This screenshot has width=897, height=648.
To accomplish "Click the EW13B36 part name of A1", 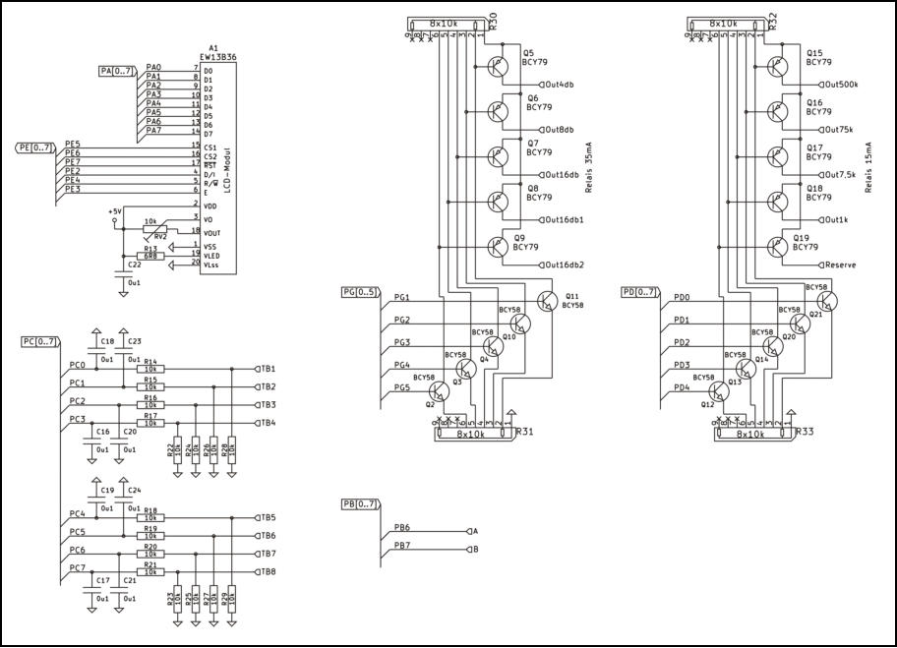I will click(x=216, y=58).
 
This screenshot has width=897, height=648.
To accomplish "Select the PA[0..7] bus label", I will click(x=118, y=71).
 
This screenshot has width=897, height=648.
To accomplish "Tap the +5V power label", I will click(x=115, y=210).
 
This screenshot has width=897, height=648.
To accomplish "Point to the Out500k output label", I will click(x=844, y=85).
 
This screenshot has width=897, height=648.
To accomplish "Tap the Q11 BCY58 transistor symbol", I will click(x=546, y=300).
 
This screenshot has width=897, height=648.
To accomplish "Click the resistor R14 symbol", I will click(x=150, y=369).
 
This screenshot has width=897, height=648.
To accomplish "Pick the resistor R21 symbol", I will click(x=150, y=571).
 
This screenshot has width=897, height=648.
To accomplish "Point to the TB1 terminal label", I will click(x=268, y=368).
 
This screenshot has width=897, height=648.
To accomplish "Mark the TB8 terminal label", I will click(x=268, y=571).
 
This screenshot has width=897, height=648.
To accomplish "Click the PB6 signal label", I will click(x=402, y=528).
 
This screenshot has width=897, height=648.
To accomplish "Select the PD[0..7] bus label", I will click(x=640, y=292).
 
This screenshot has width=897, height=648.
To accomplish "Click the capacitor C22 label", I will click(x=134, y=265).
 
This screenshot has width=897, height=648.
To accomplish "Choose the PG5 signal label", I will click(x=402, y=387).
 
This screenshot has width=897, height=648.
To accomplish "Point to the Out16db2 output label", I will click(x=565, y=265).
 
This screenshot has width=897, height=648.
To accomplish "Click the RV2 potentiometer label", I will click(x=160, y=237).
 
